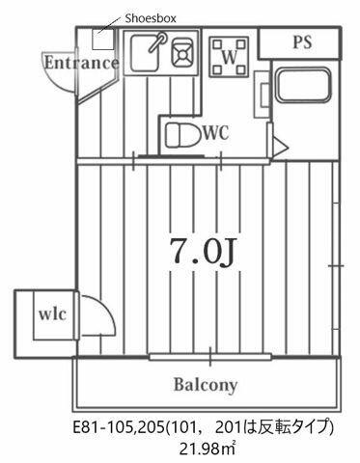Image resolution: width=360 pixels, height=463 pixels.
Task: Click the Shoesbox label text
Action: point(151,18)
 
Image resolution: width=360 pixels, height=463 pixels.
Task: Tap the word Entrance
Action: point(81,63)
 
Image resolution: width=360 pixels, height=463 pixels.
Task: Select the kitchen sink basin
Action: point(145,53)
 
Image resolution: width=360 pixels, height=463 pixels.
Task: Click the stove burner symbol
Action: point(182,53)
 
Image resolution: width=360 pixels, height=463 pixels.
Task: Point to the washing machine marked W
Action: point(229,57)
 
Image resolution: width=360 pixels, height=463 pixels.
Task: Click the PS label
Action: point(302,42)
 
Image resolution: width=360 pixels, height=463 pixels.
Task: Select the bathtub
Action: point(304,85)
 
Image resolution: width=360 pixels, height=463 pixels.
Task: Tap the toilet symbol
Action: point(181,135)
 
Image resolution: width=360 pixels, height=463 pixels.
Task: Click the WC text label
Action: point(216,132)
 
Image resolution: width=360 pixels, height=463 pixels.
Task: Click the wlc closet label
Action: point(53,313)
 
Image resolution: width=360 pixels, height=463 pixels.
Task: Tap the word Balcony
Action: point(206,385)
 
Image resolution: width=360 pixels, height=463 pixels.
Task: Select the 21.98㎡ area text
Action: point(208,449)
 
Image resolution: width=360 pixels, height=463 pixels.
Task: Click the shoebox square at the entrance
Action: point(102,40)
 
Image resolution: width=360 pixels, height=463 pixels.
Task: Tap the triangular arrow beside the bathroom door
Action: point(279,148)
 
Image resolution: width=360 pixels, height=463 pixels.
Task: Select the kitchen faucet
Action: point(158,41)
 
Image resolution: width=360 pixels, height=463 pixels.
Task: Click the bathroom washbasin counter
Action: point(263,95)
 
